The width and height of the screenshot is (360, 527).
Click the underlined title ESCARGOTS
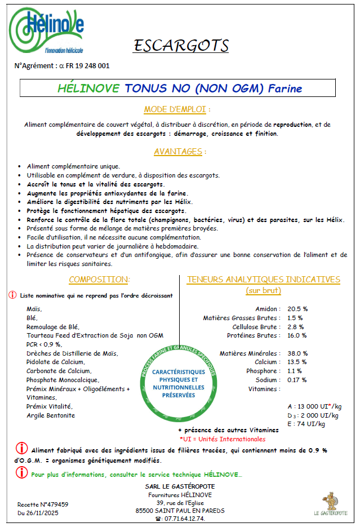pyautogui.click(x=181, y=45)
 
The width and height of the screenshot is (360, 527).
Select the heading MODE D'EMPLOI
pyautogui.click(x=177, y=109)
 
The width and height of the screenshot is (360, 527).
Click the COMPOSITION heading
pyautogui.click(x=99, y=280)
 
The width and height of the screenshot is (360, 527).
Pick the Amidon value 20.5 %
pyautogui.click(x=297, y=309)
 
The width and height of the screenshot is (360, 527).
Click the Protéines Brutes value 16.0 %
pyautogui.click(x=297, y=335)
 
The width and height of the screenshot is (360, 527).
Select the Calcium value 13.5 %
pyautogui.click(x=297, y=362)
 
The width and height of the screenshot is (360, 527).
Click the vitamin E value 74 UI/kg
pyautogui.click(x=305, y=424)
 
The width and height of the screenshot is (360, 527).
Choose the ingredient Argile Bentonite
pyautogui.click(x=51, y=415)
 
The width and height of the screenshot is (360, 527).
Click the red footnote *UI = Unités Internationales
pyautogui.click(x=222, y=439)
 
